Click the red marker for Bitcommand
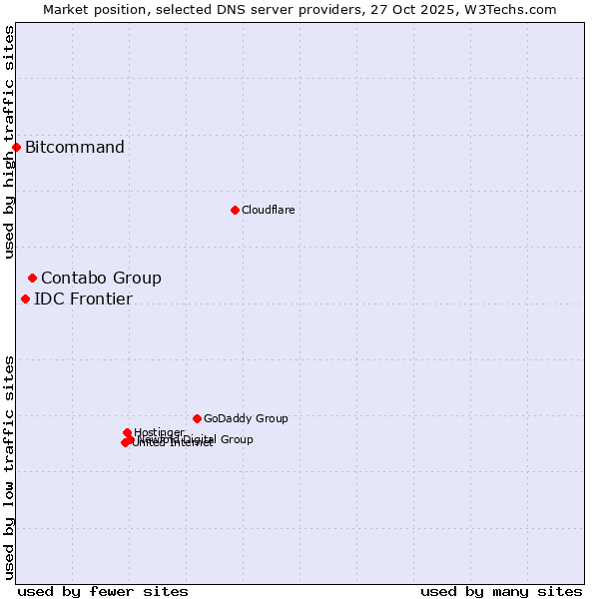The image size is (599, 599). tap(16, 148)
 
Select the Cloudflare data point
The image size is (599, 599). tap(235, 210)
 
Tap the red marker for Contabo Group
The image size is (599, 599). tap(32, 278)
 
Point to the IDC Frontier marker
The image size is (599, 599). tap(25, 299)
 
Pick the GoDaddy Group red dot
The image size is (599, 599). tap(197, 418)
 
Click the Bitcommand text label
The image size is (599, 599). tap(75, 148)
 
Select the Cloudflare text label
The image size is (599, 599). tap(268, 210)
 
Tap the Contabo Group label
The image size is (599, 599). tap(101, 278)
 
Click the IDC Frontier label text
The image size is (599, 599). tap(83, 299)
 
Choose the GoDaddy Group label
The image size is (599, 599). tap(246, 418)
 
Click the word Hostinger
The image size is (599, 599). tap(159, 432)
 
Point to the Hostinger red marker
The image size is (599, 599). tap(127, 432)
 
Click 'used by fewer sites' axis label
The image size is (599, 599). tap(103, 591)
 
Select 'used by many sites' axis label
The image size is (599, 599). tap(501, 591)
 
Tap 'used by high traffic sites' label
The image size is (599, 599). tap(9, 142)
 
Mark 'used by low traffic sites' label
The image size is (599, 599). tap(9, 467)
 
